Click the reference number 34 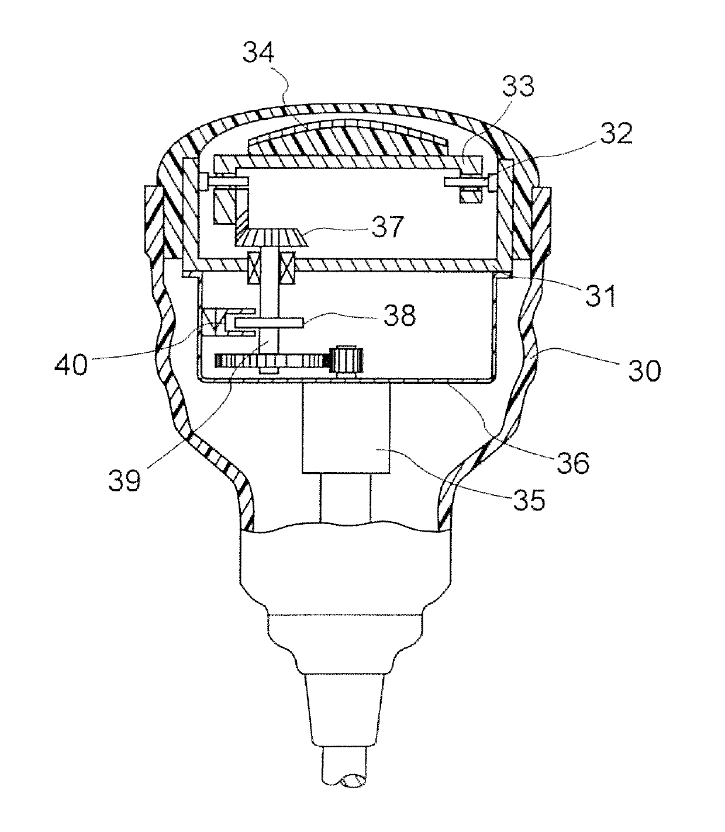(259, 53)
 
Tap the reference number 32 (616, 133)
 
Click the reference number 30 (644, 370)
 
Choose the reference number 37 (387, 227)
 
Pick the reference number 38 (399, 315)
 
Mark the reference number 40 (71, 364)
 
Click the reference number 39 (125, 480)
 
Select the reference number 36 (573, 462)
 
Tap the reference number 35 (529, 500)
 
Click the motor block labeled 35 (346, 428)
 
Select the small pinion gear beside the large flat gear (348, 359)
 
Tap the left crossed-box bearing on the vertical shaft (253, 268)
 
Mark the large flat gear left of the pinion (271, 360)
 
